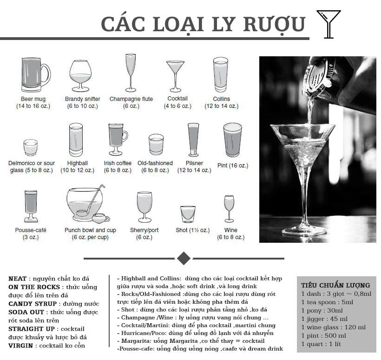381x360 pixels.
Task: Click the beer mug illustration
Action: pyautogui.click(x=35, y=75)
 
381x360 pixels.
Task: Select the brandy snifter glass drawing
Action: pyautogui.click(x=80, y=76)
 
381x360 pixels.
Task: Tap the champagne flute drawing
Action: pyautogui.click(x=131, y=73)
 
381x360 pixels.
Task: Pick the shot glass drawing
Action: pyautogui.click(x=188, y=214)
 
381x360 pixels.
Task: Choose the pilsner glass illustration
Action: pyautogui.click(x=193, y=140)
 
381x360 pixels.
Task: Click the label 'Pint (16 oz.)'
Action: pyautogui.click(x=233, y=166)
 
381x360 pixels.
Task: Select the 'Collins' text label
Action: pyautogui.click(x=221, y=99)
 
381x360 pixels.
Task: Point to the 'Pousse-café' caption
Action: pyautogui.click(x=31, y=230)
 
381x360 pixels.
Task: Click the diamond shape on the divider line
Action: pyautogui.click(x=184, y=258)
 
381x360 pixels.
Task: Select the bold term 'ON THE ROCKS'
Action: pyautogui.click(x=33, y=287)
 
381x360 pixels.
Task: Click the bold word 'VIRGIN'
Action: pyautogui.click(x=22, y=346)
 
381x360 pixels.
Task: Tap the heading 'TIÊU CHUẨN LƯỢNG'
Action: pyautogui.click(x=335, y=285)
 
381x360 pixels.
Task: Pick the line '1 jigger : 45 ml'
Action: pyautogui.click(x=324, y=319)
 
